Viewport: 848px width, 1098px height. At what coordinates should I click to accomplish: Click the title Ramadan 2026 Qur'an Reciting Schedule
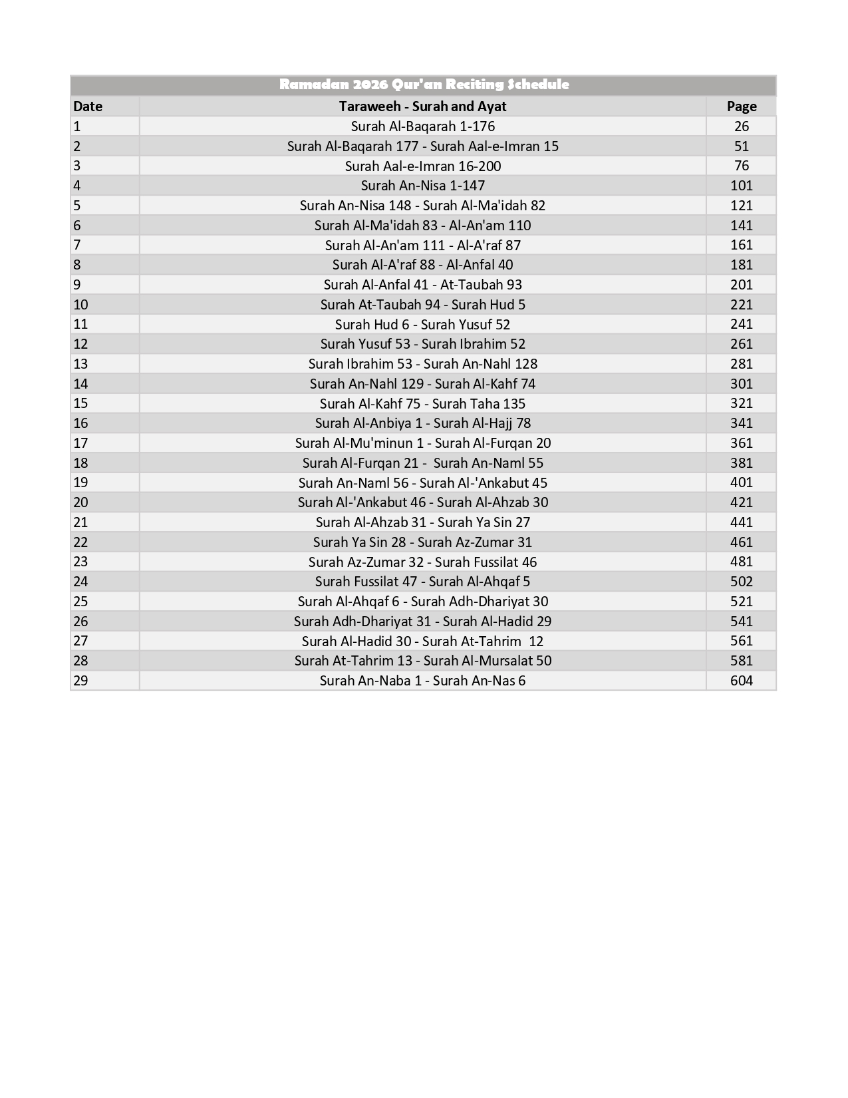pos(424,85)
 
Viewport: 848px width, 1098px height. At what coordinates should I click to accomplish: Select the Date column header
pos(88,106)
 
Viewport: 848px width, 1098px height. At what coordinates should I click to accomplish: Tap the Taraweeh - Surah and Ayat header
pos(422,106)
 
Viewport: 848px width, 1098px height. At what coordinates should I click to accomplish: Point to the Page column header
pos(741,106)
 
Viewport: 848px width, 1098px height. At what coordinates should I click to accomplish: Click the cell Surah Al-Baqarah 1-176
pos(422,126)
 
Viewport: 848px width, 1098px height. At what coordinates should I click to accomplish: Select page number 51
pos(741,146)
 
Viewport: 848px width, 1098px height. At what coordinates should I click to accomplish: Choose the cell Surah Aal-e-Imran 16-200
pos(422,166)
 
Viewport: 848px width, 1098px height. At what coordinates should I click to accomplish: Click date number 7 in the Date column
pos(77,245)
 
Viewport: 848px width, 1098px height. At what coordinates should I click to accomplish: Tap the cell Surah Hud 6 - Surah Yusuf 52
pos(422,324)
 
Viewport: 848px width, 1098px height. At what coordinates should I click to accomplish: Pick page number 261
pos(741,344)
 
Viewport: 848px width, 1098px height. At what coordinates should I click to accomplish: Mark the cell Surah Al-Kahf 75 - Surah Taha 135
pos(422,404)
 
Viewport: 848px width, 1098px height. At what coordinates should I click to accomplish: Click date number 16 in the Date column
pos(80,423)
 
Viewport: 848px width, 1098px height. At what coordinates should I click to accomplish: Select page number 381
pos(741,463)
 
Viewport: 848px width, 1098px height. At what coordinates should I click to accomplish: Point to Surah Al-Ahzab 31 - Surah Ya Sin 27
pos(422,522)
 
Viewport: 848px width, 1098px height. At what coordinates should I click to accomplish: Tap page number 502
pos(741,582)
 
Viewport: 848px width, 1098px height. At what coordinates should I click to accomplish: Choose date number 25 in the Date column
pos(80,602)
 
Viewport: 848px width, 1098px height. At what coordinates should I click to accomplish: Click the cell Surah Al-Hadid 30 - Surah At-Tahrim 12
pos(422,641)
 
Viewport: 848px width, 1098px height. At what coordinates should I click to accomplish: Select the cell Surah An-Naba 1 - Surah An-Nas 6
pos(422,681)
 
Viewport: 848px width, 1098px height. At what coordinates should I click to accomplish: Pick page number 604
pos(741,681)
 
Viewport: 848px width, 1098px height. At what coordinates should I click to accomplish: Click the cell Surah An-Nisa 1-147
pos(422,186)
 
